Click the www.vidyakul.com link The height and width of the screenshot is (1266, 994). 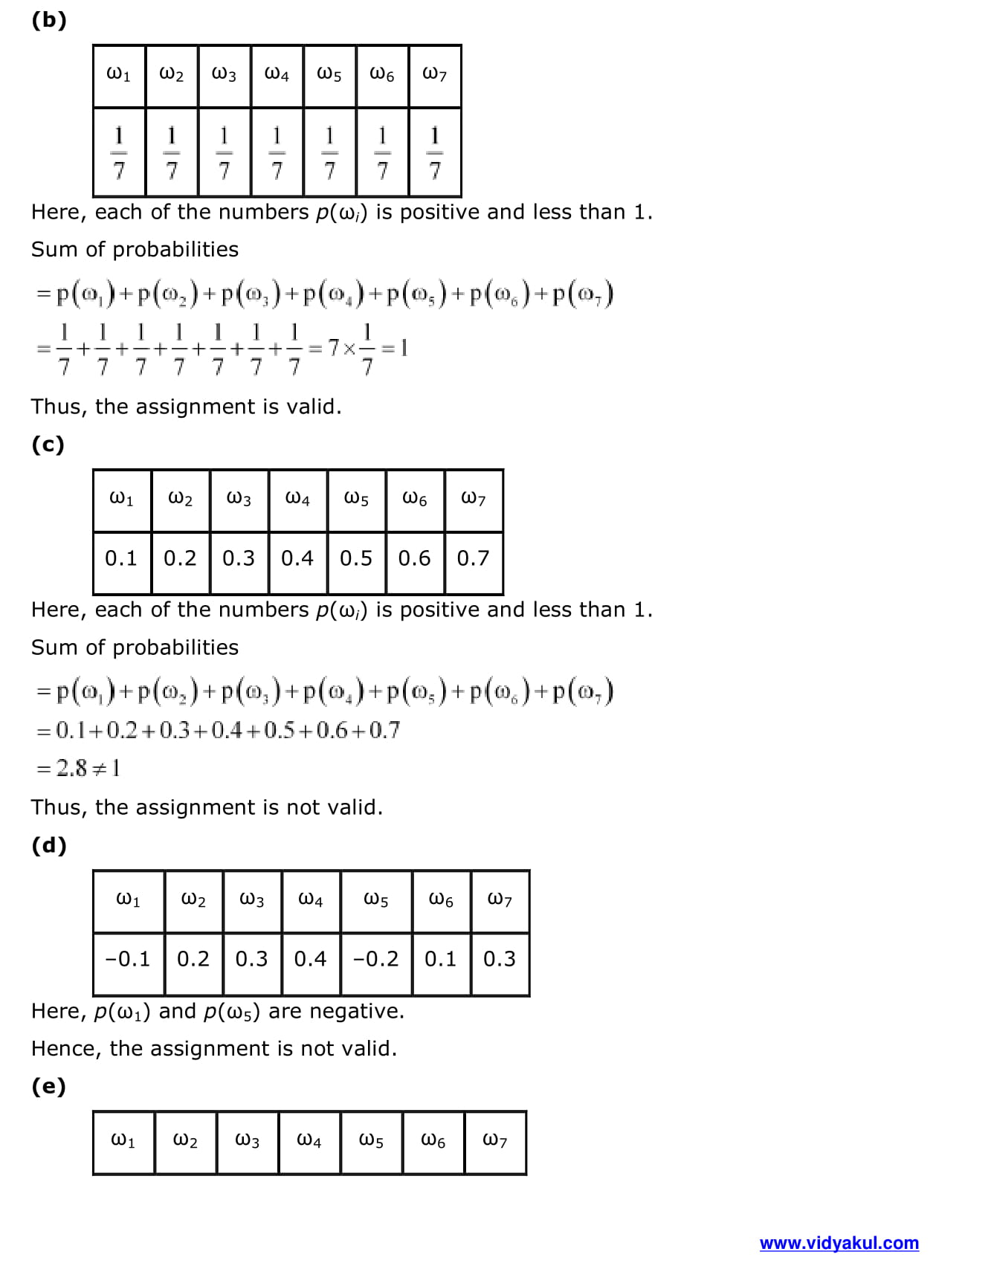(839, 1243)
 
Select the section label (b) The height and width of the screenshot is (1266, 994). (49, 20)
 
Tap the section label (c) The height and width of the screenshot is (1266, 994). (48, 445)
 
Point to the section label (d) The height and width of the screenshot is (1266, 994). (49, 845)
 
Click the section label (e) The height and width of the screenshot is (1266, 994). (48, 1087)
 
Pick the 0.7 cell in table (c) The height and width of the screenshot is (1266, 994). (474, 558)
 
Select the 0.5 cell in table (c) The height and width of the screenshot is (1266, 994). (356, 558)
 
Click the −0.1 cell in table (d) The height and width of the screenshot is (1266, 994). (128, 959)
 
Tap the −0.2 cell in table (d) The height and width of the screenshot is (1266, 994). (375, 959)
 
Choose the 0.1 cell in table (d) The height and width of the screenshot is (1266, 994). (441, 959)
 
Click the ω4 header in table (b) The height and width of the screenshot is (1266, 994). (277, 74)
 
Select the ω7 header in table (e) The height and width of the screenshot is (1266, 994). (495, 1140)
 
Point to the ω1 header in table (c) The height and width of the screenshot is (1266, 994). (121, 499)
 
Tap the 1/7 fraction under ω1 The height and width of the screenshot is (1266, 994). (119, 152)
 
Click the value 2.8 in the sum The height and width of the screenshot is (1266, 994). (72, 768)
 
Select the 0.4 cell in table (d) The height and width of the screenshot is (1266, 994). (310, 959)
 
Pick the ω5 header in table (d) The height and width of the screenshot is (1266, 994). (375, 900)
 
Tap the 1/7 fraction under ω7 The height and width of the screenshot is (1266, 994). (435, 152)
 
